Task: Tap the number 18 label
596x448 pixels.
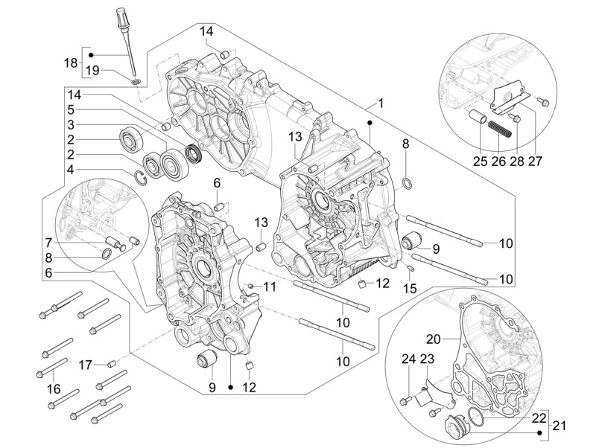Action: [72, 63]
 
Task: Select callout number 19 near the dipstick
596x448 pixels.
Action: [92, 71]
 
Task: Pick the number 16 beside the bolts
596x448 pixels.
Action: [53, 388]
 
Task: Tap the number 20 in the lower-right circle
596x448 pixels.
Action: [434, 339]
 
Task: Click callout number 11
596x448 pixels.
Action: [269, 287]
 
